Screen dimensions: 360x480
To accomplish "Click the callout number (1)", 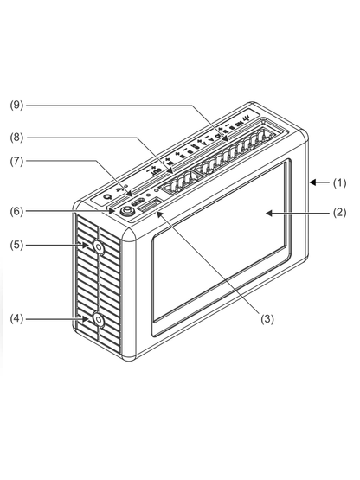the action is click(x=339, y=182).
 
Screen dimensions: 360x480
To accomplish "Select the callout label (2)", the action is click(x=339, y=213).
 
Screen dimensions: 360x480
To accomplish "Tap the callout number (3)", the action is click(x=267, y=319).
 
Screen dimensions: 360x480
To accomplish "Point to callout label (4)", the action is click(x=16, y=318).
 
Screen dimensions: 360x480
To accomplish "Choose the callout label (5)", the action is click(x=16, y=245).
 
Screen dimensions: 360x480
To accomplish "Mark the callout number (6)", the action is click(x=16, y=211).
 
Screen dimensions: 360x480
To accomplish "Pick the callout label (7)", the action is click(x=16, y=162).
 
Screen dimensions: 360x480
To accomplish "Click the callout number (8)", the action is click(x=16, y=138).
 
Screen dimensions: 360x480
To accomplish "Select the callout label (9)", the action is click(x=16, y=105).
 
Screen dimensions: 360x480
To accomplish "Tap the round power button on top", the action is click(x=126, y=211).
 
